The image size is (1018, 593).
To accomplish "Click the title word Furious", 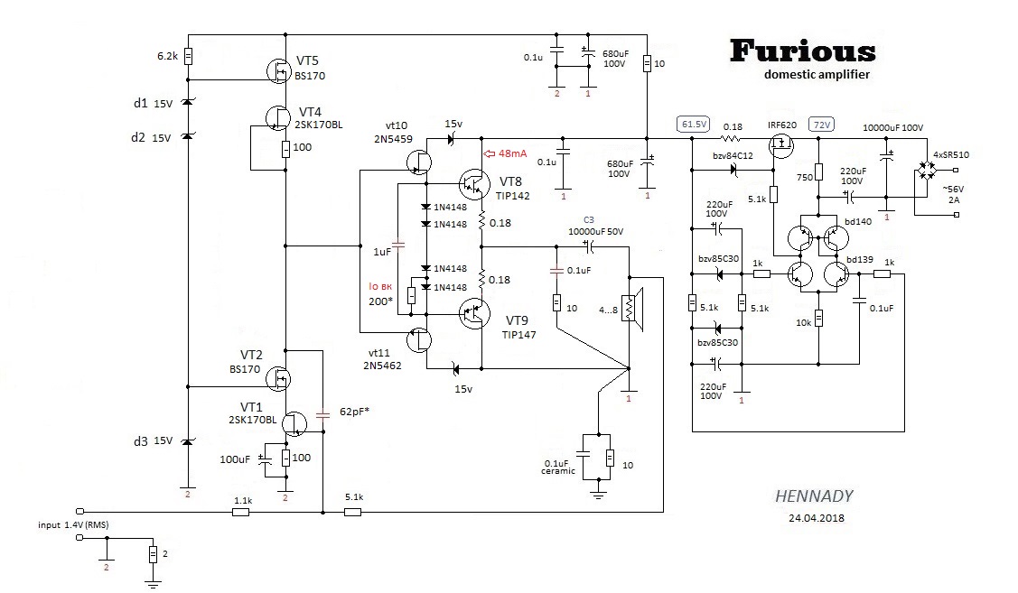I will point(802,51).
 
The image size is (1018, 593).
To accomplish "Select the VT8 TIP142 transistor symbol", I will point(472,184).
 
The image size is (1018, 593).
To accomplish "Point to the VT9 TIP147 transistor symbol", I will point(472,314).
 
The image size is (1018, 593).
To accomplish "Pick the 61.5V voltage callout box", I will point(694,124).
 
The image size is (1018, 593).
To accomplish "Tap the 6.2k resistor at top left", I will point(188,56).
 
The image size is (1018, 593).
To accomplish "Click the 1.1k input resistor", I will point(240,512).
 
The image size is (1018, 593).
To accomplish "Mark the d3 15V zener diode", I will point(188,441).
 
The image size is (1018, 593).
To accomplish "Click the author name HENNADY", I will point(814,496).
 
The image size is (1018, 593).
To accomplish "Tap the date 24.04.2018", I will point(814,518).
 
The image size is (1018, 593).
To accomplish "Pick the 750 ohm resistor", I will point(818,171).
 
